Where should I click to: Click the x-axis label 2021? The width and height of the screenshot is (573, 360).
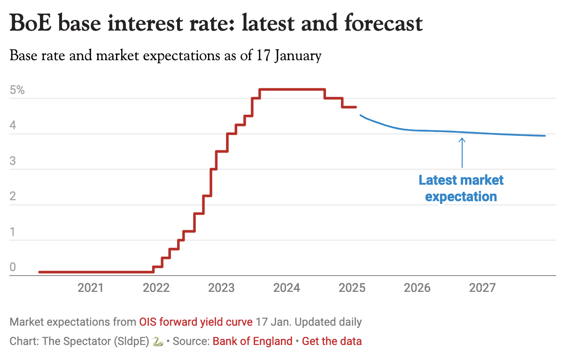[x=91, y=288]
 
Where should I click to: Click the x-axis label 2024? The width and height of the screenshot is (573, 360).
[x=287, y=288]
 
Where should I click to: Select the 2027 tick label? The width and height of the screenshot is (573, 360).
[x=483, y=288]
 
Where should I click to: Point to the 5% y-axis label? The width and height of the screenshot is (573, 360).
[x=17, y=90]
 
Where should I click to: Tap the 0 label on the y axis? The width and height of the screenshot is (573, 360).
[x=13, y=267]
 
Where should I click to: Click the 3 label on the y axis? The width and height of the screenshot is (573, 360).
[x=13, y=161]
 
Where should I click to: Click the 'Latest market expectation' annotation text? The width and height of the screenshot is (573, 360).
[x=461, y=188]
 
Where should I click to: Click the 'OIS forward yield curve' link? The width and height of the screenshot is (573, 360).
[x=196, y=322]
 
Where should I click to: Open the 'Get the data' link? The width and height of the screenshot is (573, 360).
[x=332, y=341]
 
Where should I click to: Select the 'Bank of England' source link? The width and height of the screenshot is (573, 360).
[x=252, y=341]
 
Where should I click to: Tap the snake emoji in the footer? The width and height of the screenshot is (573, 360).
[x=158, y=342]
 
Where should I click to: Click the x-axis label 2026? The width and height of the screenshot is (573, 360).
[x=418, y=288]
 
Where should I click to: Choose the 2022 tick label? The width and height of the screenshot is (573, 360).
[x=156, y=288]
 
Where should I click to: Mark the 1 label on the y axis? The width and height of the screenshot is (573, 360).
[x=13, y=232]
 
